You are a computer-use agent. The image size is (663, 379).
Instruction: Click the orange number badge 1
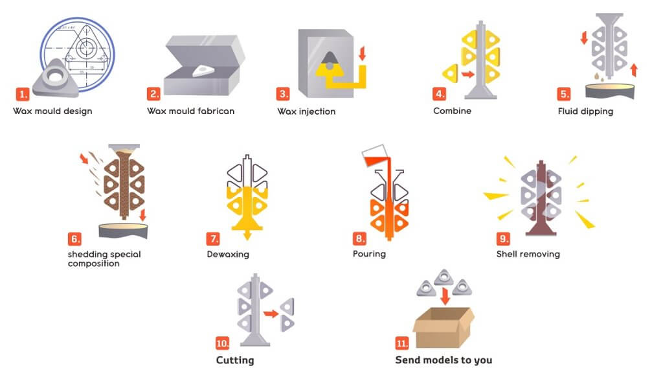pyautogui.click(x=23, y=95)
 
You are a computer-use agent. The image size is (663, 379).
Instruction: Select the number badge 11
pyautogui.click(x=402, y=343)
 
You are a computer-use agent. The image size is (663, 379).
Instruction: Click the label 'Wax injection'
pyautogui.click(x=306, y=111)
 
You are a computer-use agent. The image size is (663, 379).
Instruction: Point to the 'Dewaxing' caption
pyautogui.click(x=225, y=254)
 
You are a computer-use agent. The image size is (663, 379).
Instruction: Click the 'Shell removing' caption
pyautogui.click(x=528, y=254)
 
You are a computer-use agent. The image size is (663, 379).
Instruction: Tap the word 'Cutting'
pyautogui.click(x=234, y=360)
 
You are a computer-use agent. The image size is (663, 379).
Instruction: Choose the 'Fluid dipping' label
pyautogui.click(x=585, y=111)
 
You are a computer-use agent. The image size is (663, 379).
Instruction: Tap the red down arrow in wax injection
pyautogui.click(x=362, y=52)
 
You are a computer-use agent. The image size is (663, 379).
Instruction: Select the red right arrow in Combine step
pyautogui.click(x=467, y=75)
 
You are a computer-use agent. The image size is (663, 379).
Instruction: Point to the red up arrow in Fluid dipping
pyautogui.click(x=634, y=69)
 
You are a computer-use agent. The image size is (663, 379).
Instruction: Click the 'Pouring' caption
pyautogui.click(x=369, y=254)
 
